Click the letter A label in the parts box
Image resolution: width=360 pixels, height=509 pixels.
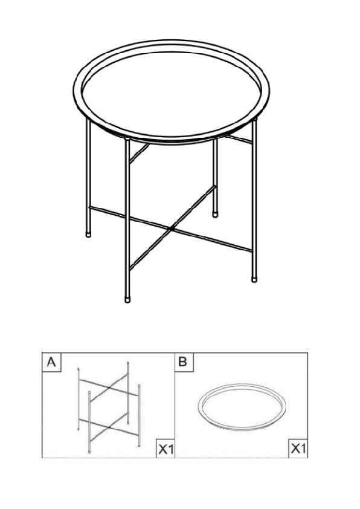click(x=51, y=362)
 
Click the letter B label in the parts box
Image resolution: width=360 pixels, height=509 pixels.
click(x=183, y=362)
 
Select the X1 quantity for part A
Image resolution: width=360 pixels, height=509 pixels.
click(x=166, y=449)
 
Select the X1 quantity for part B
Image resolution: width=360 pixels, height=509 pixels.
click(x=298, y=449)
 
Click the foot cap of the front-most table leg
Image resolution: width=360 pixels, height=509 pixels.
click(x=127, y=299)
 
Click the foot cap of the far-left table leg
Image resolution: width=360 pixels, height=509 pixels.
click(x=88, y=233)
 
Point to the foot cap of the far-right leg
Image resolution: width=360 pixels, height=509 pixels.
click(x=254, y=279)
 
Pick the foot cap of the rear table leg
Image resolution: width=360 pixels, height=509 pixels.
click(x=214, y=215)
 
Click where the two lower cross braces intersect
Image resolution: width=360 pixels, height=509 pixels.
click(x=172, y=229)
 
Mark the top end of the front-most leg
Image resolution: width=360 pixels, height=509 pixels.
click(x=127, y=139)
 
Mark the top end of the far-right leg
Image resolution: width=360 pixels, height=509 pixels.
click(x=254, y=120)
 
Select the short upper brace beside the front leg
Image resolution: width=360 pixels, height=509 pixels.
click(x=139, y=153)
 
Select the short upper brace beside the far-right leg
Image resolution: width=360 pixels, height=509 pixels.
click(x=239, y=139)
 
